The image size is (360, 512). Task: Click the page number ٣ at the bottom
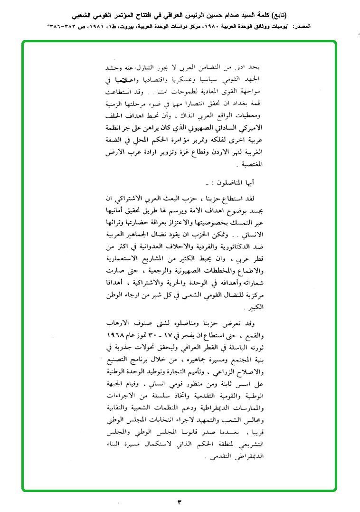180,502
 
